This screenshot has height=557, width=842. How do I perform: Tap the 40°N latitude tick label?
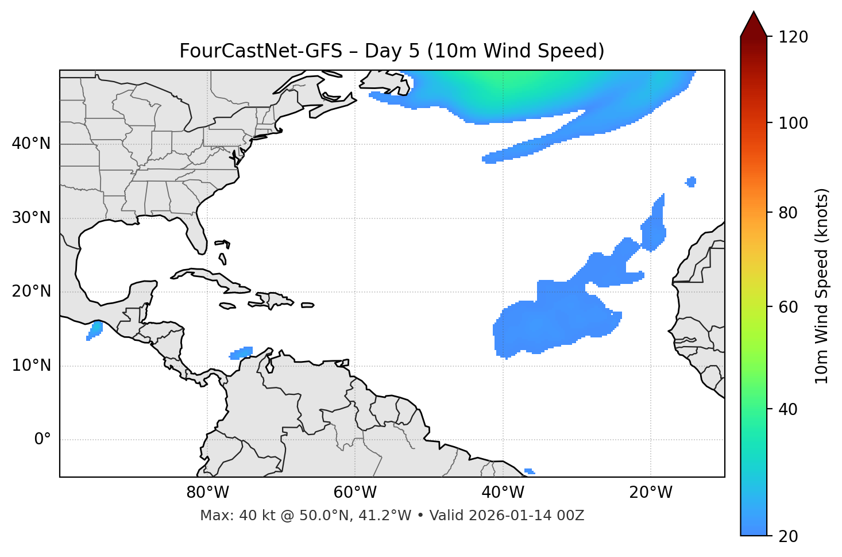pos(31,143)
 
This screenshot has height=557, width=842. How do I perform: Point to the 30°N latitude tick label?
pos(31,218)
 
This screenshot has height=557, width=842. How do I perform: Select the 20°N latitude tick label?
pos(31,291)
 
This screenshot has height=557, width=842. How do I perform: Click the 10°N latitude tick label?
pos(31,366)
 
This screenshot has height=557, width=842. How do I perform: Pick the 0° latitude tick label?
pos(43,440)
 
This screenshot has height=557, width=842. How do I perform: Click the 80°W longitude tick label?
pos(207,493)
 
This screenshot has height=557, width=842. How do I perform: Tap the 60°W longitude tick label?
pos(355,493)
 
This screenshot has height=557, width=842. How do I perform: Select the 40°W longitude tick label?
pos(503,493)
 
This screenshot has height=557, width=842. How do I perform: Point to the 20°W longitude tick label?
pos(651,493)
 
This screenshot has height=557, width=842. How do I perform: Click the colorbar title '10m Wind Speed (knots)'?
pos(822,286)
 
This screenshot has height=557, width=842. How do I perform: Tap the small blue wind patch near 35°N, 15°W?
pos(691,182)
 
